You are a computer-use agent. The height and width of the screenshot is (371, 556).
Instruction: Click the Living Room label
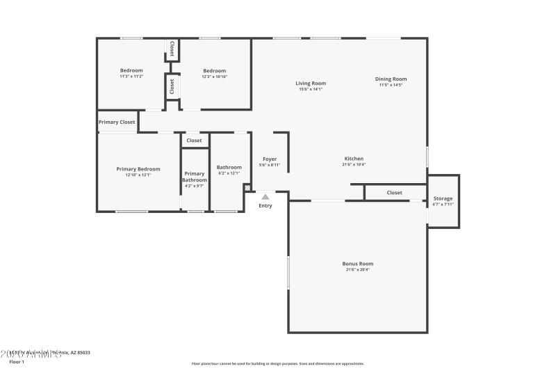pos(311,84)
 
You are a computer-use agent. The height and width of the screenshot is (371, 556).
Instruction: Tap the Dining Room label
pos(391,79)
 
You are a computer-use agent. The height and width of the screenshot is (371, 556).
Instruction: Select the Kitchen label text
pos(353,159)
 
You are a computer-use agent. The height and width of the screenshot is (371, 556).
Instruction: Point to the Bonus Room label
pos(357,264)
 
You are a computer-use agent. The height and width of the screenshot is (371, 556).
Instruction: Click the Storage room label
pos(443,198)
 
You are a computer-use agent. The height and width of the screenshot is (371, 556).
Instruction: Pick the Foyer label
pos(270,159)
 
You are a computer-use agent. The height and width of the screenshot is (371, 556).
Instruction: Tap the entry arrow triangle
pos(265,197)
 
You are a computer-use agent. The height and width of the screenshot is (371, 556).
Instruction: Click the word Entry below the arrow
pos(265,205)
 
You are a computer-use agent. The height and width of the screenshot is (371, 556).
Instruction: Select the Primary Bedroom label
pos(138,169)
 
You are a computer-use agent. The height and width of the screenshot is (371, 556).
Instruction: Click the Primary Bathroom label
pos(195,177)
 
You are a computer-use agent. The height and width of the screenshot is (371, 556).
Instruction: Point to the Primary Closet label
pos(117,123)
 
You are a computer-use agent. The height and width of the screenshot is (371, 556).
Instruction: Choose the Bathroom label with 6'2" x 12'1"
pos(229,167)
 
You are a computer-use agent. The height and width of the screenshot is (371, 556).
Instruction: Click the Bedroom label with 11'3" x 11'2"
pos(131,70)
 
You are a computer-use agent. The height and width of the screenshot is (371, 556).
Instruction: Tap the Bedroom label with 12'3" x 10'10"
pos(215,70)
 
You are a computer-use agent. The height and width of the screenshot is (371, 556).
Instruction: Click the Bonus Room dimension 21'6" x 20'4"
pos(357,270)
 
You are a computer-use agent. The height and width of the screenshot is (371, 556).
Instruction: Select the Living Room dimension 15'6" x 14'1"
pos(311,89)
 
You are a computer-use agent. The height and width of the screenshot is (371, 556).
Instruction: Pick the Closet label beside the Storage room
pos(395,193)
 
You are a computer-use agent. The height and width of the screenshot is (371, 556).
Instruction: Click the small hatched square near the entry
pos(247,187)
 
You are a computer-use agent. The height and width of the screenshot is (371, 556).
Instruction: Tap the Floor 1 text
pos(16,362)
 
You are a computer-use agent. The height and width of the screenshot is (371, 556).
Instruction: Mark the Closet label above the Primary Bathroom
pos(195,141)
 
